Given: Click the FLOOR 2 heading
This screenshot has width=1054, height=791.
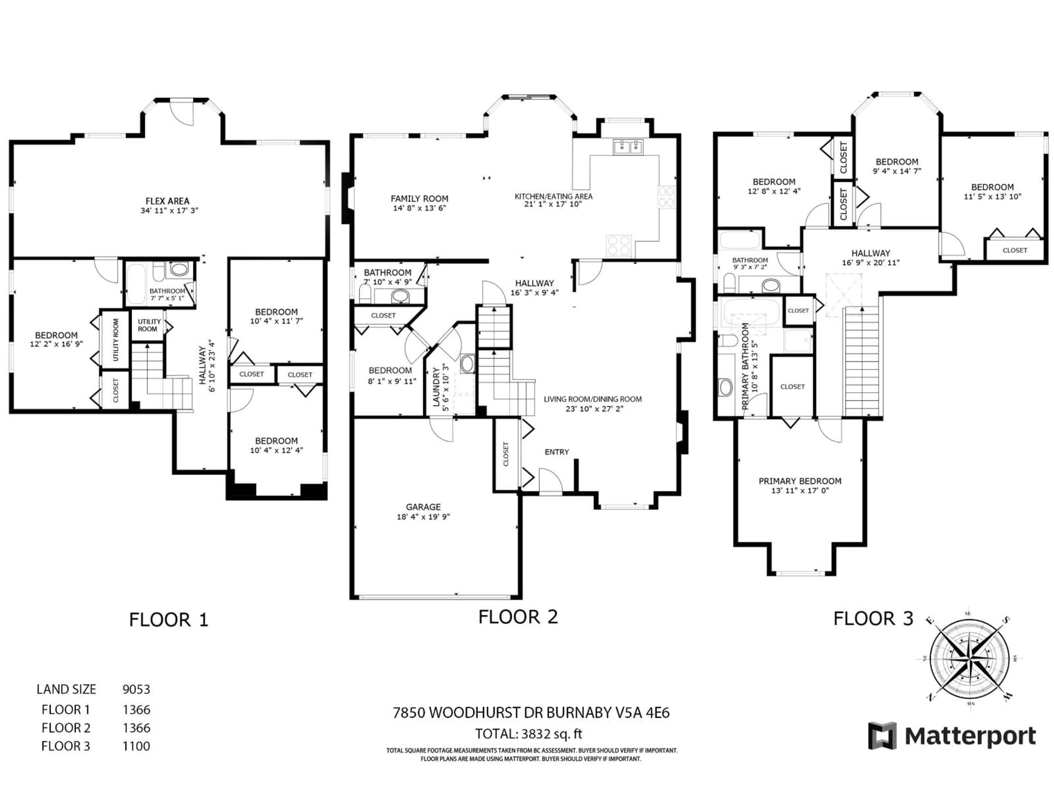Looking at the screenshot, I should [x=518, y=617].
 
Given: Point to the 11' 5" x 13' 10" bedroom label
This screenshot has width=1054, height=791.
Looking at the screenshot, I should [x=993, y=187].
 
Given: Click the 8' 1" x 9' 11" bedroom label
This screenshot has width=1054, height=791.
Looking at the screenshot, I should [x=390, y=371].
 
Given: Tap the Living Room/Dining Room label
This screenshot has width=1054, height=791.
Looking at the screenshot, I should [x=593, y=399].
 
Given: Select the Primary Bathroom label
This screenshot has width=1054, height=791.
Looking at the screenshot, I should [x=745, y=366].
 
